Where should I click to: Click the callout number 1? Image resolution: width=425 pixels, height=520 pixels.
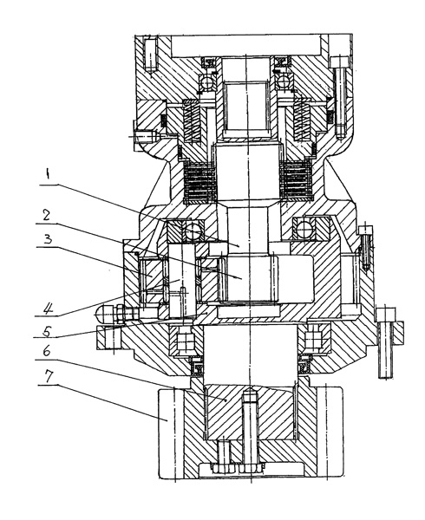pyautogui.click(x=48, y=174)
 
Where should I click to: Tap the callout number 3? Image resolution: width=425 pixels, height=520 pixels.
pyautogui.click(x=49, y=238)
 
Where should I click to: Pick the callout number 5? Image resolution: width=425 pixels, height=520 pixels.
pyautogui.click(x=47, y=331)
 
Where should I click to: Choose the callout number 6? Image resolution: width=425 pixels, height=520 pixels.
pyautogui.click(x=47, y=351)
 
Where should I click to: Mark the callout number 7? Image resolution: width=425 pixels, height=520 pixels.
pyautogui.click(x=49, y=376)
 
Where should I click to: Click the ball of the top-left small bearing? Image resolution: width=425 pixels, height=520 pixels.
pyautogui.click(x=207, y=82)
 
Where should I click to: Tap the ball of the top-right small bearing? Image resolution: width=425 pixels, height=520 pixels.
pyautogui.click(x=284, y=82)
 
